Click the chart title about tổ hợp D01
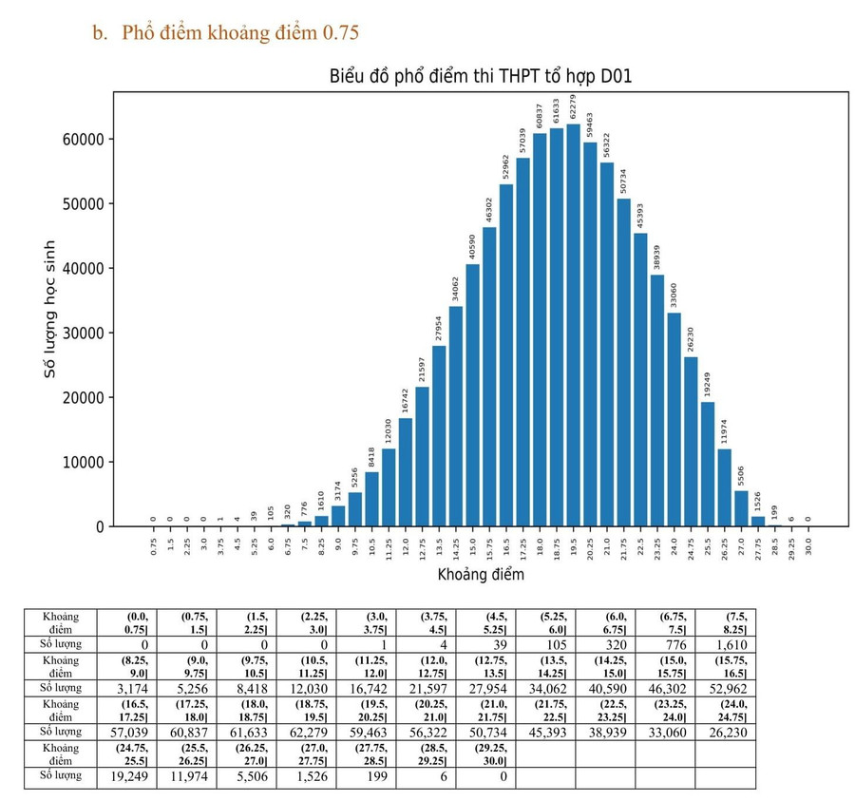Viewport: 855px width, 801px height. tap(480, 77)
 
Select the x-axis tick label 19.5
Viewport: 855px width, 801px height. tap(573, 549)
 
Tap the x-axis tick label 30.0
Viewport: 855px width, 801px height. tap(807, 549)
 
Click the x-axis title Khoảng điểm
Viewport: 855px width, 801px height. tap(480, 575)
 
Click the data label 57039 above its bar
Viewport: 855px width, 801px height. tap(522, 142)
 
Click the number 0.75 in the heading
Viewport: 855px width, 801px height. tap(341, 33)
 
